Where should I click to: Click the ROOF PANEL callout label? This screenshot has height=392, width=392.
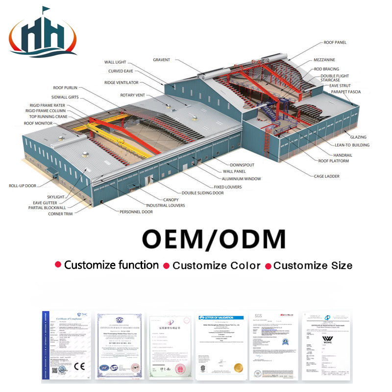[x=335, y=43]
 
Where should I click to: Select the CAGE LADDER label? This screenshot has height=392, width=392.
[x=326, y=176]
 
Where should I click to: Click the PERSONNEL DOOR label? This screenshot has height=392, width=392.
[x=136, y=212]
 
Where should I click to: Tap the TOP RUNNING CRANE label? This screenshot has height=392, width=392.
[x=44, y=117]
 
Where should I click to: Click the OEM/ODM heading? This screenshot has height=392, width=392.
[x=213, y=239]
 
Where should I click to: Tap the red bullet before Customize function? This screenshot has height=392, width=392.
[x=58, y=265]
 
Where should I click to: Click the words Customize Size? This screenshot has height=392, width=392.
[x=313, y=266]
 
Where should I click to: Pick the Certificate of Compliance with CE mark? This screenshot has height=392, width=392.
[x=66, y=345]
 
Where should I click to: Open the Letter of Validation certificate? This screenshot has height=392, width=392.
[x=220, y=345]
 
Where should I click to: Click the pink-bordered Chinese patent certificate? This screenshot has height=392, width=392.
[x=170, y=345]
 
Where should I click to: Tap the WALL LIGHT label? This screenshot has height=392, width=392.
[x=115, y=62]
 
